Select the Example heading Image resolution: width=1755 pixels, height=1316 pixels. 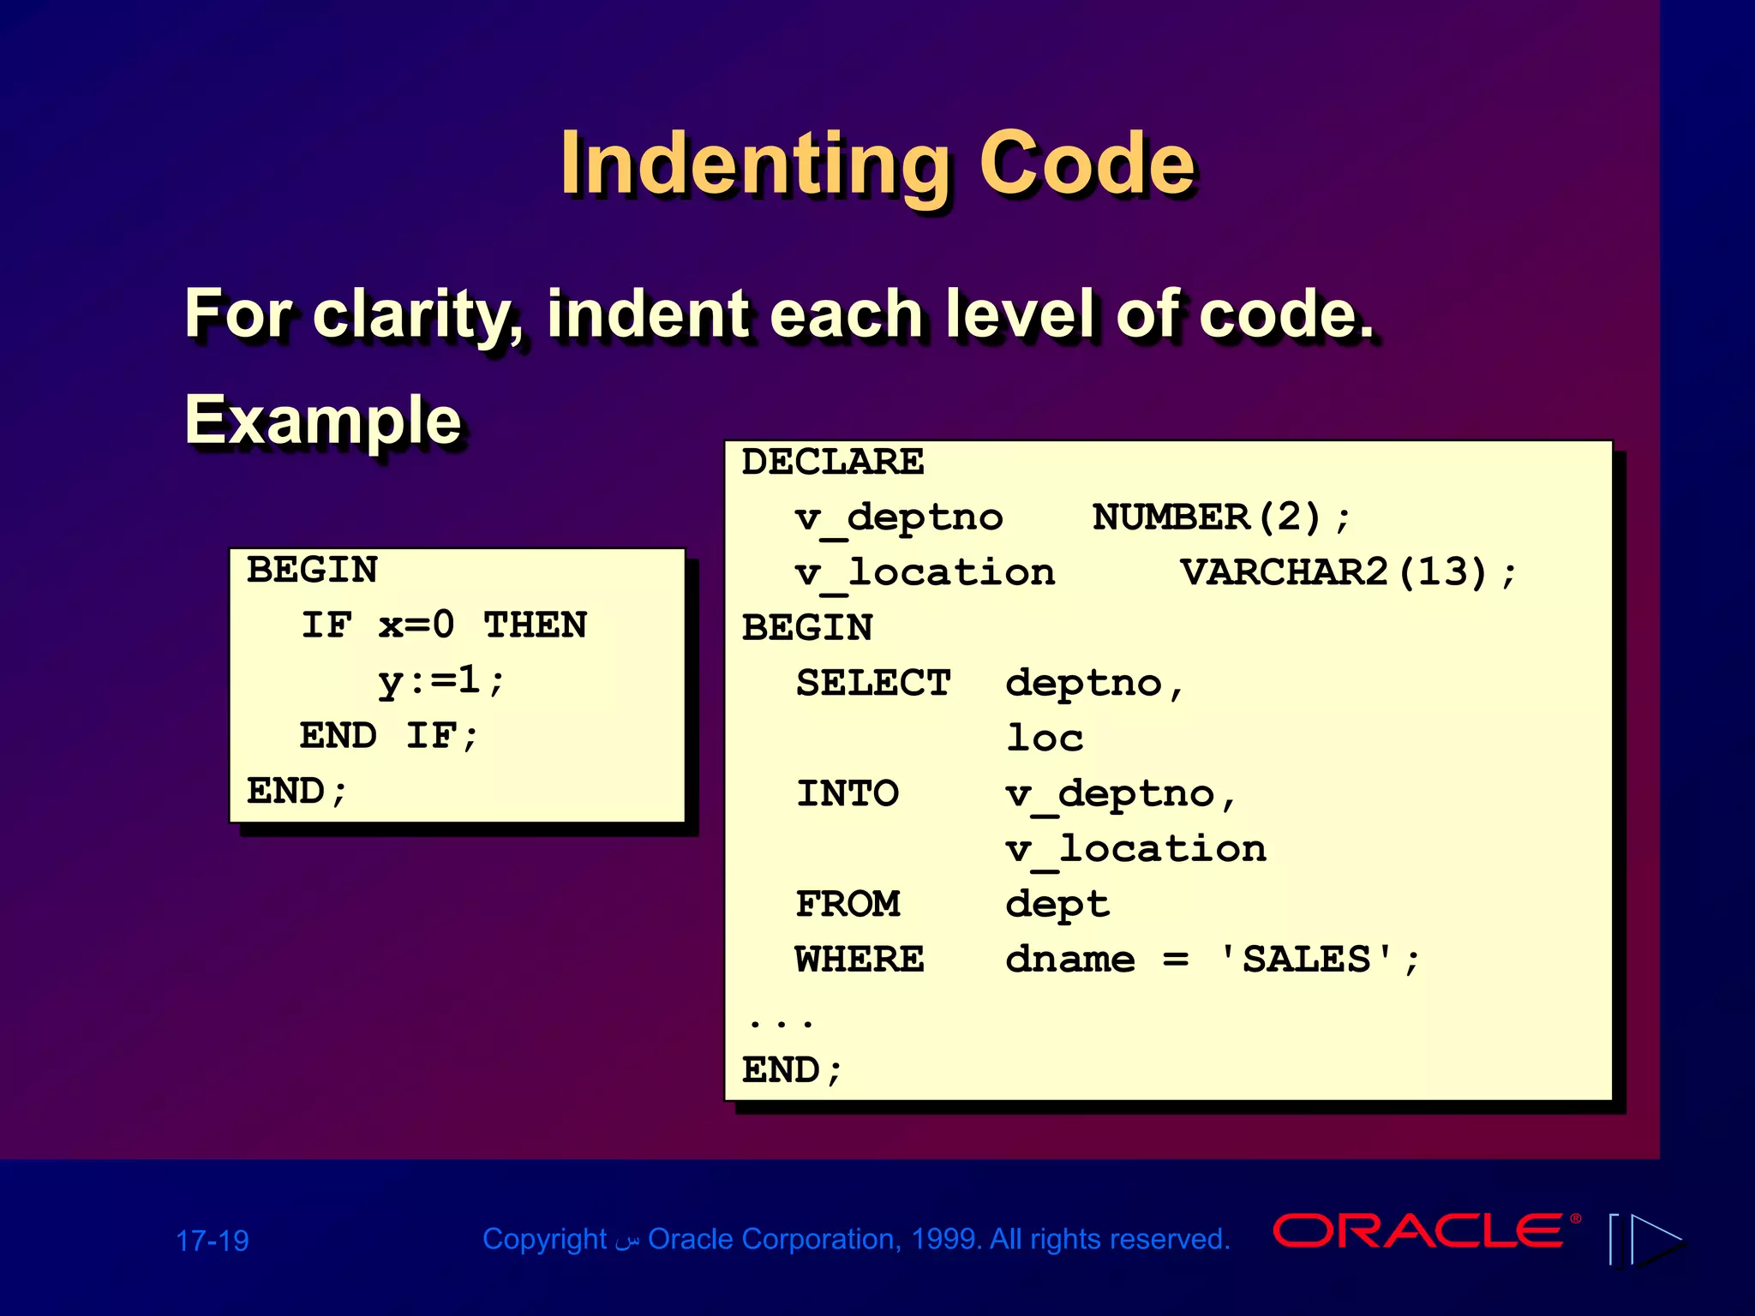323,420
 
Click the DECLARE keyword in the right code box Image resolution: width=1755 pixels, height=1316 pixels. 832,463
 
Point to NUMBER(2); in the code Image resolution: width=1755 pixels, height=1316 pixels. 1220,517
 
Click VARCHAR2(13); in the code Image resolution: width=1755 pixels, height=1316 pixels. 1347,572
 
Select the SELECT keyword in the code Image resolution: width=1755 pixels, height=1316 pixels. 872,683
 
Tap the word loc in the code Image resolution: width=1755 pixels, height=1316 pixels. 1044,739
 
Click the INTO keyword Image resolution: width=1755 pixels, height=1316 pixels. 847,793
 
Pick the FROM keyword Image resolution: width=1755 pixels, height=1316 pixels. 847,904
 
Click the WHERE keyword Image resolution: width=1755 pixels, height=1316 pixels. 859,960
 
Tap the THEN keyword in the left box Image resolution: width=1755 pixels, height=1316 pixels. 535,625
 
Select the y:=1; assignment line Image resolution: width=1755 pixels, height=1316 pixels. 440,681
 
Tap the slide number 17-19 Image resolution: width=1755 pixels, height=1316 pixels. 212,1241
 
